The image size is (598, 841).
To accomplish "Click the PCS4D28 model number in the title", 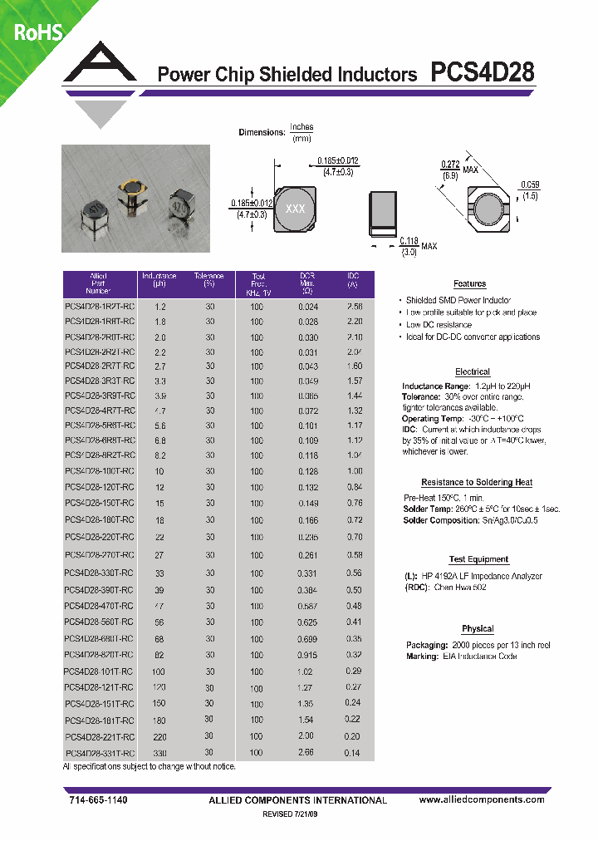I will (483, 73).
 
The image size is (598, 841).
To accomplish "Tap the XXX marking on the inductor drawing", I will (295, 209).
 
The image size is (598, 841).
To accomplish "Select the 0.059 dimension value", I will (530, 184).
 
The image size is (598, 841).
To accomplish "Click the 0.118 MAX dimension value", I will (409, 241).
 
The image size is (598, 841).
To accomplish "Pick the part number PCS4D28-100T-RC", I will (99, 471).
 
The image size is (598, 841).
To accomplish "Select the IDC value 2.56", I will (354, 307).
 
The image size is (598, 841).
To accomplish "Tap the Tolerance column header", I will (209, 280).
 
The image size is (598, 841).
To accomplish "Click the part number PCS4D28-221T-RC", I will (99, 736).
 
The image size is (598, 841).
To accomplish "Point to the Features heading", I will (470, 284).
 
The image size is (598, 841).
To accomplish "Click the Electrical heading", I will (473, 371).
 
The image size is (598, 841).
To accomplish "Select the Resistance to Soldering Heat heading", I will (477, 482).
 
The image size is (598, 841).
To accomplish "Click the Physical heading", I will (478, 628).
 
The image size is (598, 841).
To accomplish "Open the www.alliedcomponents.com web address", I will (482, 799).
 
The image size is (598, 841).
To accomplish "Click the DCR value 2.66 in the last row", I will (306, 751).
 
